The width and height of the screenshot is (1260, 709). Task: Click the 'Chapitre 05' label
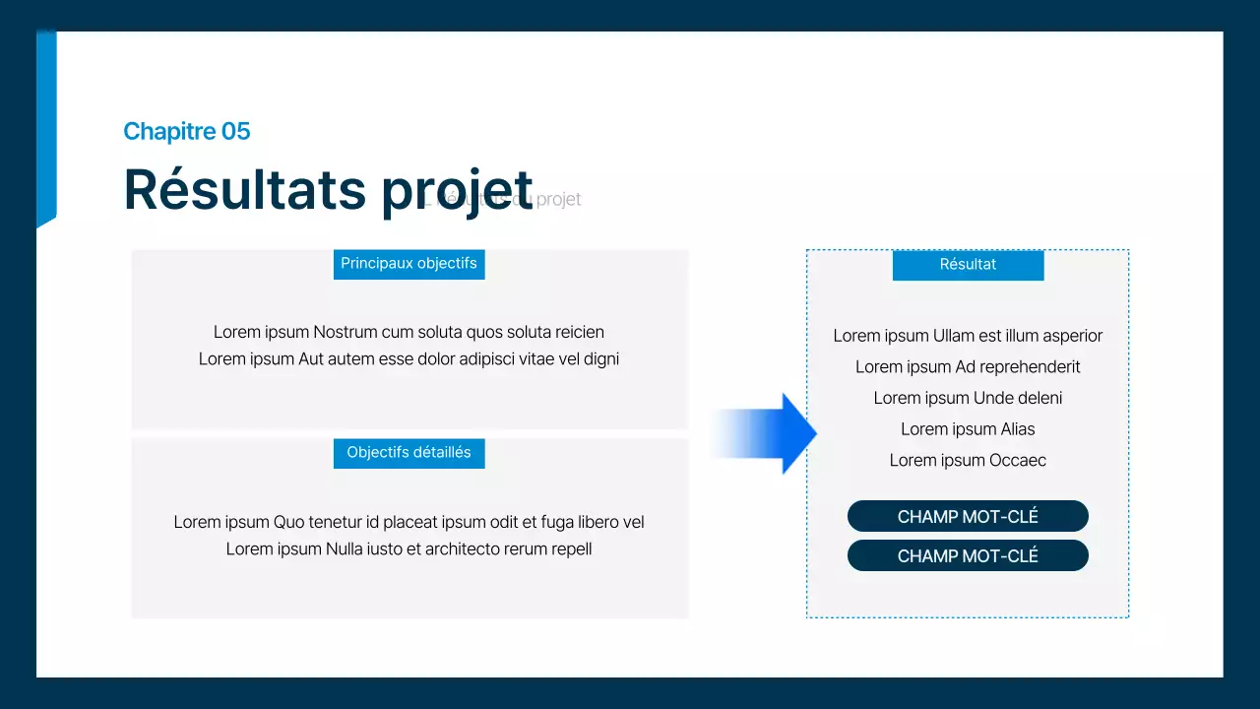(187, 131)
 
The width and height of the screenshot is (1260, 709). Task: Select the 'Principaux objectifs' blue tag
(409, 264)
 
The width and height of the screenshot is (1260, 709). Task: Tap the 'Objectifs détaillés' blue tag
(409, 453)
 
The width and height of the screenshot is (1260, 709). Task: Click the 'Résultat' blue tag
(968, 265)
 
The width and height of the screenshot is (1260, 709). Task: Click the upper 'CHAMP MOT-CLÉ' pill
(968, 516)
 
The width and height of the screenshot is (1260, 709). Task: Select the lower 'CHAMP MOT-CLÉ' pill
(968, 555)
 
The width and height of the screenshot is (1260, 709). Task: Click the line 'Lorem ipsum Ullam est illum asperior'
(968, 336)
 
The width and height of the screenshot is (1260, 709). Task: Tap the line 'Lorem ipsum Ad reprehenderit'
(968, 367)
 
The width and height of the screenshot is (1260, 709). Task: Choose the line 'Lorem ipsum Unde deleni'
(968, 398)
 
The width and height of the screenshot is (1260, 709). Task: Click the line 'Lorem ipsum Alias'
(968, 429)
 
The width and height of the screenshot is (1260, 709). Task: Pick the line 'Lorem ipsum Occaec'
(968, 461)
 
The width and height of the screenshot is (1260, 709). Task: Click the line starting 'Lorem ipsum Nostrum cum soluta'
(409, 332)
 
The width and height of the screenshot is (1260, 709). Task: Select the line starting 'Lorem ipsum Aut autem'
(409, 359)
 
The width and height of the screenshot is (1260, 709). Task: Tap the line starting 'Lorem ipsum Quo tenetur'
(409, 522)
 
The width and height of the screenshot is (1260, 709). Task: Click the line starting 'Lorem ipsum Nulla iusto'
(409, 549)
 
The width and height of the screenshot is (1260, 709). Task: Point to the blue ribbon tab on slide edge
(46, 128)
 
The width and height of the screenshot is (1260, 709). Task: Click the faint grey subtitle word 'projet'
(559, 200)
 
